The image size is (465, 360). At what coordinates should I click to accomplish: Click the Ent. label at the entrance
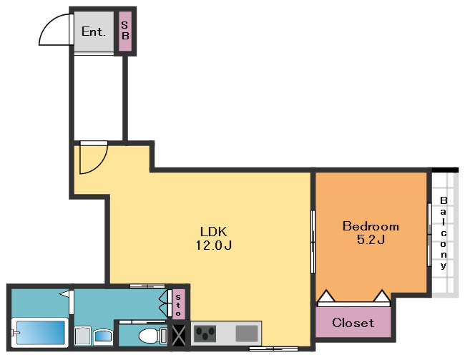tap(94, 31)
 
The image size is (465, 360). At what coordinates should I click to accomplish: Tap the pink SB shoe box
tap(125, 31)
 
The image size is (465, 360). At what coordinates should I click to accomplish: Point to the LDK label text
tap(213, 231)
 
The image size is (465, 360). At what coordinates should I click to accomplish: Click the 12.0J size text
tap(213, 245)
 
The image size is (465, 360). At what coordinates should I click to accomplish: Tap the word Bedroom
tap(371, 226)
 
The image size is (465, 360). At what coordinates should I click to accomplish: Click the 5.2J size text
tap(371, 240)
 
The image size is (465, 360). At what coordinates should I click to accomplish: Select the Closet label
tap(353, 323)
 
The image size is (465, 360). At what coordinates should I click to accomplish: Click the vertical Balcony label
tap(444, 233)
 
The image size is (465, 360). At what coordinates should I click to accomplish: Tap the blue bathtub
tap(40, 332)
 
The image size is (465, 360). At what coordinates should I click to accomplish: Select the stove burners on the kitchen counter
tap(205, 334)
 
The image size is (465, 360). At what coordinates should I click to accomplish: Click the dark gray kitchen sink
tap(247, 334)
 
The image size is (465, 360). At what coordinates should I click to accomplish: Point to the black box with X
tap(179, 336)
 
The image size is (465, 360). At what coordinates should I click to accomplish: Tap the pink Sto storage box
tap(178, 304)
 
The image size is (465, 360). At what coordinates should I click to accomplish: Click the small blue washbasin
tap(103, 336)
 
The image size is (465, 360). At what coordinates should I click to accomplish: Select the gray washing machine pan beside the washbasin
tap(82, 336)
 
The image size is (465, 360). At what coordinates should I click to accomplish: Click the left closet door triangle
tap(326, 296)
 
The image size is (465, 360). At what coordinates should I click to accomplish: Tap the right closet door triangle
tap(381, 296)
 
